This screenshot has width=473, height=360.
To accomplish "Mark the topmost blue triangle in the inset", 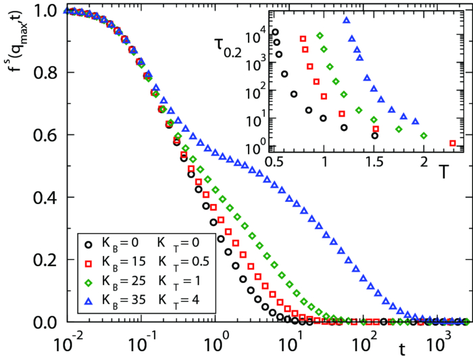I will coord(347,20).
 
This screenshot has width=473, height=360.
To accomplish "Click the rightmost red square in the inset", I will coord(453,143).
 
